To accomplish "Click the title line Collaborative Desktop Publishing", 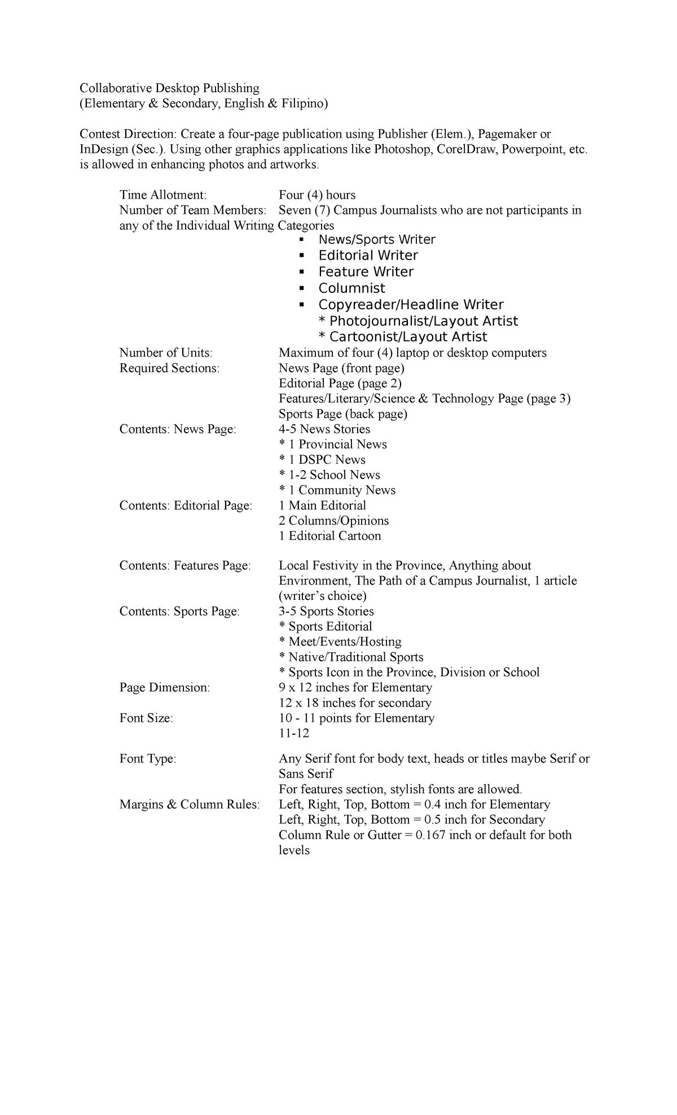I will [x=169, y=88].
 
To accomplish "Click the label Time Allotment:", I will [x=163, y=195].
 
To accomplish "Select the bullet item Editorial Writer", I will [x=368, y=256].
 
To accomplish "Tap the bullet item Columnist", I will [x=351, y=288].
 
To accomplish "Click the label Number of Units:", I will [x=166, y=353].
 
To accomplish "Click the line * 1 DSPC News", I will [x=322, y=460].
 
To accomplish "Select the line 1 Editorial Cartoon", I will [x=329, y=536].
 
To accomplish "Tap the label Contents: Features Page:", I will [x=185, y=566].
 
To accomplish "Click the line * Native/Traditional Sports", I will [x=351, y=657].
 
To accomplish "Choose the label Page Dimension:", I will [x=164, y=688].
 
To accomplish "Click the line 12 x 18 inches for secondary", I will [x=355, y=703].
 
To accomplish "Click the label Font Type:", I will [x=148, y=760].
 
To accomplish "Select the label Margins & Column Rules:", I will [x=190, y=805].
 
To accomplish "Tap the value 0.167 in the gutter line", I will [x=430, y=836].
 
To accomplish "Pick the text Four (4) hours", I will [x=317, y=195].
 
